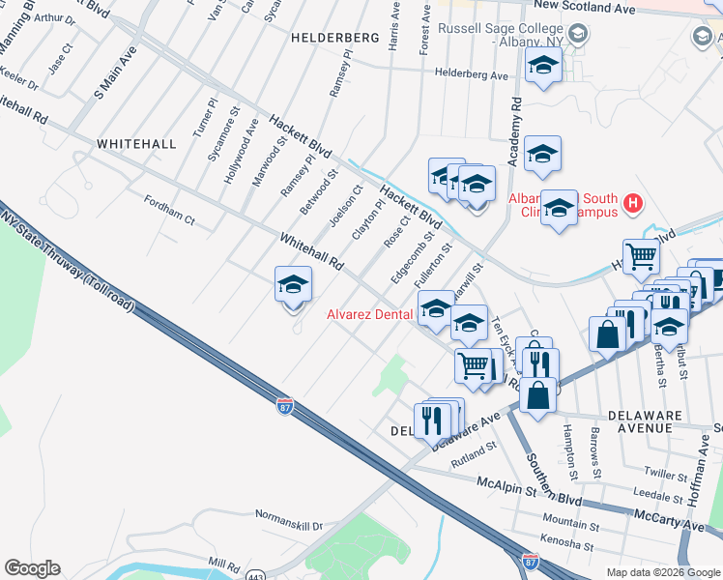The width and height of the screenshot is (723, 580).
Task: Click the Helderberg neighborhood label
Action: (x=333, y=37)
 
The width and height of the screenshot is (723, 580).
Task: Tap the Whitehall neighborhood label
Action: (x=136, y=143)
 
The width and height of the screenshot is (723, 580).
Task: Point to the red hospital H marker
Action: (x=633, y=203)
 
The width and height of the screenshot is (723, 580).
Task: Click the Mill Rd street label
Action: (x=222, y=564)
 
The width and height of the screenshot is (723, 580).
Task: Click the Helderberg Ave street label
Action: (x=471, y=74)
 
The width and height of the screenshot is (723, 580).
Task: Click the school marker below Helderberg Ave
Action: (x=543, y=67)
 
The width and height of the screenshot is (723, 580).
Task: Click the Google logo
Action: (x=32, y=568)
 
